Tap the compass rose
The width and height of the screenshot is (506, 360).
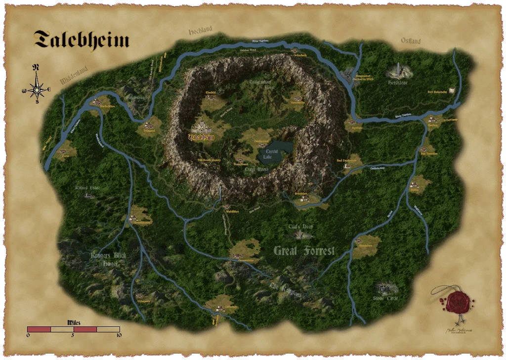coord(36,89)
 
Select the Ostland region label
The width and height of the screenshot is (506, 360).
coord(411,41)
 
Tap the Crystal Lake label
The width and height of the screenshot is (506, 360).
coord(271,154)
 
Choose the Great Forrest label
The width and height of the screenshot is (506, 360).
coord(304,251)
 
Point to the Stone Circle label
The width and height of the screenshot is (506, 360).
coord(385,299)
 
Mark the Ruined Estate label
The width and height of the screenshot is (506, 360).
coord(88,188)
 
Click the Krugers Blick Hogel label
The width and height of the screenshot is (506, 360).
coord(108,260)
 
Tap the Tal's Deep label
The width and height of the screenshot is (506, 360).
coord(300,227)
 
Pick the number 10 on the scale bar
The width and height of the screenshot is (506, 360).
coord(119,335)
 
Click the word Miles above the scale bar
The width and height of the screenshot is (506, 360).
coord(73,322)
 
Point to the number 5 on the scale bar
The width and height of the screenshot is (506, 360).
coord(73,335)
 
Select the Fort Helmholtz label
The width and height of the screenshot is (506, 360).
coord(437,92)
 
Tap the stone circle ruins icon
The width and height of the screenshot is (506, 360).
coord(383,288)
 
